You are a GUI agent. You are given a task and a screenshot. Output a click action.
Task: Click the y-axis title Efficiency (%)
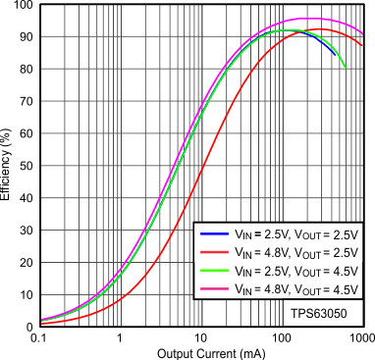point(10,164)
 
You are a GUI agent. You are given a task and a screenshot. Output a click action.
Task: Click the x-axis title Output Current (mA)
point(200,350)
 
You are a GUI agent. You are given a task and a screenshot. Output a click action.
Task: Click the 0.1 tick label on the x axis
point(39,337)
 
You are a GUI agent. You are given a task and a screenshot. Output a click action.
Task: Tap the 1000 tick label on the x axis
point(359,337)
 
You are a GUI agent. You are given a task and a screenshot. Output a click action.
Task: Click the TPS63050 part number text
point(318,312)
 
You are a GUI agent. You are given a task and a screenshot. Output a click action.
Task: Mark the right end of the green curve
point(345,67)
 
